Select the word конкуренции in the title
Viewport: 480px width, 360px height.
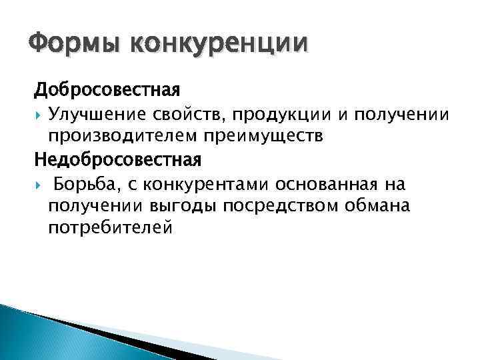pos(220,45)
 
